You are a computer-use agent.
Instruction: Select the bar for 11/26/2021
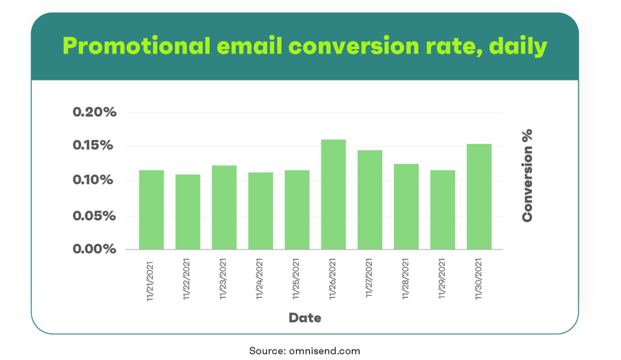coord(333,194)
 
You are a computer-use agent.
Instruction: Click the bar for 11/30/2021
coord(479,196)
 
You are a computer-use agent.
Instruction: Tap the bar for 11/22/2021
coord(187,211)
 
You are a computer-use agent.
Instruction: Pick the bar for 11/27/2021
coord(370,199)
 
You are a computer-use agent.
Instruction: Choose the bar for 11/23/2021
coord(224,207)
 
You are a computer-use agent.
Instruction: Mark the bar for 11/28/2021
coord(406,206)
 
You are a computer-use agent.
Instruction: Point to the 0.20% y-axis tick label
coord(94,112)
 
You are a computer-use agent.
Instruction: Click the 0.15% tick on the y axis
coord(93,145)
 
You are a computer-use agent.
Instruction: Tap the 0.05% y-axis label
coord(94,216)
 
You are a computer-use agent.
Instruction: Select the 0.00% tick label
coord(94,249)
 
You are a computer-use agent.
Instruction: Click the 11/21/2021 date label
coord(149,281)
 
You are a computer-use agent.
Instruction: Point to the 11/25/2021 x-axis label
coord(296,279)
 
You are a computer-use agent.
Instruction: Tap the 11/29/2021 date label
coord(441,278)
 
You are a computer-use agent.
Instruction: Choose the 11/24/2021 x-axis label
coord(259,279)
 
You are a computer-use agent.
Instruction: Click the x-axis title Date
coord(305,318)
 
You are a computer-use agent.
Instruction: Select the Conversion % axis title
coord(527,175)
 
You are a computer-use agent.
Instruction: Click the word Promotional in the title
coord(136,45)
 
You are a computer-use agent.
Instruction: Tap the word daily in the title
coord(518,46)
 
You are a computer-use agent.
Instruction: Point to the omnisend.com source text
coord(324,351)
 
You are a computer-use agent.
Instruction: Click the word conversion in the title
coord(353,46)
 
